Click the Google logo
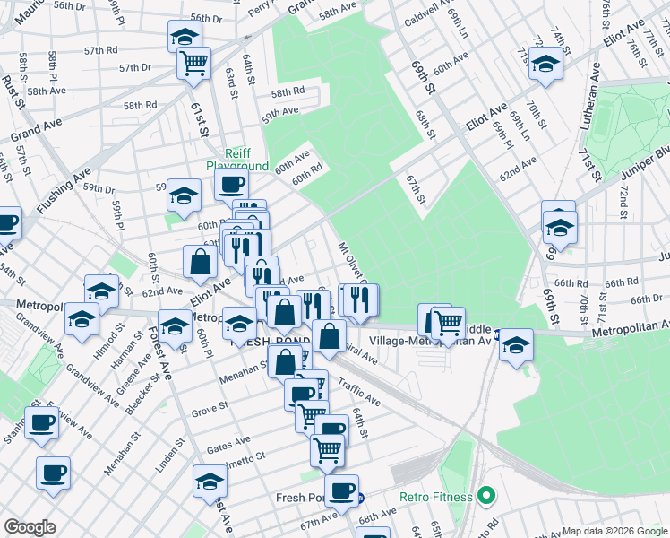point(30,527)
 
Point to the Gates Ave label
point(228,443)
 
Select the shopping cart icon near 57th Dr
point(193,63)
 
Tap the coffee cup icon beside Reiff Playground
point(232,184)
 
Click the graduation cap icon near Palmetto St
point(210,481)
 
